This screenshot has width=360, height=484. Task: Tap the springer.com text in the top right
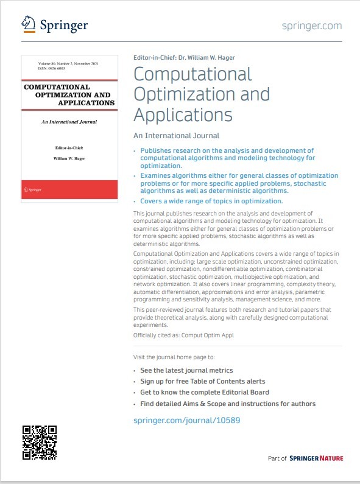[312, 26]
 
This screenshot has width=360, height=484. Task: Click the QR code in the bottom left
[40, 442]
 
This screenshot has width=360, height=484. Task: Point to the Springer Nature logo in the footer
[316, 458]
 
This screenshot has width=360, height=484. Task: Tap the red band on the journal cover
[69, 189]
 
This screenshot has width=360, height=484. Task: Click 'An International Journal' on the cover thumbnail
[69, 122]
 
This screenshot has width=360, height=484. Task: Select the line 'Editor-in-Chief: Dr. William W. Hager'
[183, 58]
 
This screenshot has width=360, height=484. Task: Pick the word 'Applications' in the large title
[183, 114]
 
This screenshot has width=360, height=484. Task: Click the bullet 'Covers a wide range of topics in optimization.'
[211, 201]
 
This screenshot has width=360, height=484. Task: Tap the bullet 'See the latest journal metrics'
[186, 370]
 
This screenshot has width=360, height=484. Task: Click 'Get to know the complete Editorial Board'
[204, 392]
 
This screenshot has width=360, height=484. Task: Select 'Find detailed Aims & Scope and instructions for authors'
[228, 404]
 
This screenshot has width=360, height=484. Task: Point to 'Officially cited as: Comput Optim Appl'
[183, 335]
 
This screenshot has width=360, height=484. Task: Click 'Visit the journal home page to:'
[174, 357]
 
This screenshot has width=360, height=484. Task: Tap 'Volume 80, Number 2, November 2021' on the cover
[69, 64]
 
